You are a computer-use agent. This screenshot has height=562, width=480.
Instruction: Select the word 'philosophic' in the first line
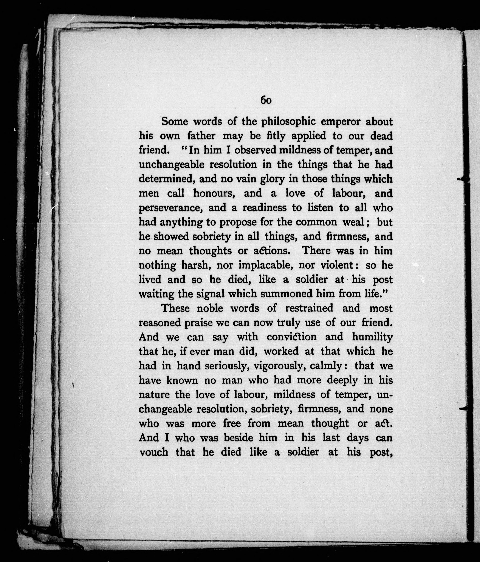pos(288,122)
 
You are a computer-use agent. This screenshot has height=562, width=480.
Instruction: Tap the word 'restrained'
pos(309,308)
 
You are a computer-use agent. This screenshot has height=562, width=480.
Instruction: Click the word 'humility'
pos(372,337)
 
